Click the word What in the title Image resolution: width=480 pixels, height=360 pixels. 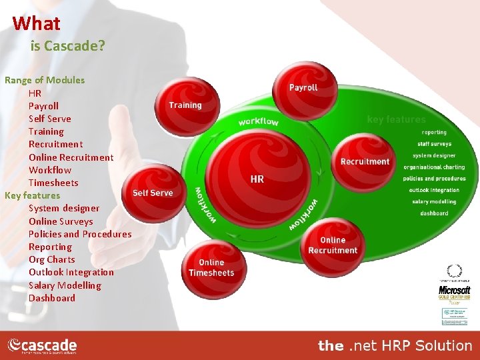coord(36,23)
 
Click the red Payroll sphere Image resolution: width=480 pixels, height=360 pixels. coord(303,91)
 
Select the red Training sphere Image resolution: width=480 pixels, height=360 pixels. coord(185,105)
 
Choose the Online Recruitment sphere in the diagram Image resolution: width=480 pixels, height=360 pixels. coord(333,245)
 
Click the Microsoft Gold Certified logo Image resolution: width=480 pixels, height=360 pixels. coord(454,292)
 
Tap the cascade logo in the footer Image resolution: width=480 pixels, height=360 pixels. coord(42,345)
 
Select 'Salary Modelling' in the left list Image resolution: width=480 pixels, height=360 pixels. coord(65,285)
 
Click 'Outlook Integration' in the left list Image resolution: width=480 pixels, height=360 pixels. coord(71,272)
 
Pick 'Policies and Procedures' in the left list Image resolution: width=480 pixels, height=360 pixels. coord(80,234)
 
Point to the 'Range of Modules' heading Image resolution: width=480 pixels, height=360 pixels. coord(45,80)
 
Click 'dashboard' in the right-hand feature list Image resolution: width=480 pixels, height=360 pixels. coord(434,213)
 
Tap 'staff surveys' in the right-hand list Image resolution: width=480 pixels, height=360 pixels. coord(434,144)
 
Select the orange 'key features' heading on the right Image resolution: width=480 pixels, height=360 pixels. coord(396,119)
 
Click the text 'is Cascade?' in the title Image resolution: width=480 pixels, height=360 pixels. coord(68,47)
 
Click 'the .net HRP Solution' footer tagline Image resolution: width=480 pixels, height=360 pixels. coord(395,345)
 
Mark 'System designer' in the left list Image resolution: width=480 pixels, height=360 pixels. coord(64,208)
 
